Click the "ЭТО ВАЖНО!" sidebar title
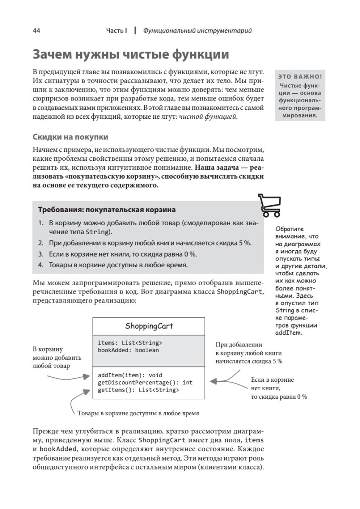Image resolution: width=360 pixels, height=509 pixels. tap(300, 77)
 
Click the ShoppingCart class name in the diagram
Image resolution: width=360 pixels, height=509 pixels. tap(149, 326)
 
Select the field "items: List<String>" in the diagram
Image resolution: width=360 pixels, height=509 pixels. tap(130, 343)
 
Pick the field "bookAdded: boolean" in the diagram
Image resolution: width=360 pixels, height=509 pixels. tap(128, 350)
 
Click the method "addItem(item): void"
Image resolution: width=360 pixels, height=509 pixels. tap(130, 375)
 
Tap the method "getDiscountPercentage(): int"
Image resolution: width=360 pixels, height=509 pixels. tap(145, 382)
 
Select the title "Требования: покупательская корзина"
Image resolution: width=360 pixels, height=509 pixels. tap(107, 210)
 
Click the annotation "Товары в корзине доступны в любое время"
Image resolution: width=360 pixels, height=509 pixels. tap(138, 412)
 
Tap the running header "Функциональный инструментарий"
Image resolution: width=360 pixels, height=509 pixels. tap(197, 31)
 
